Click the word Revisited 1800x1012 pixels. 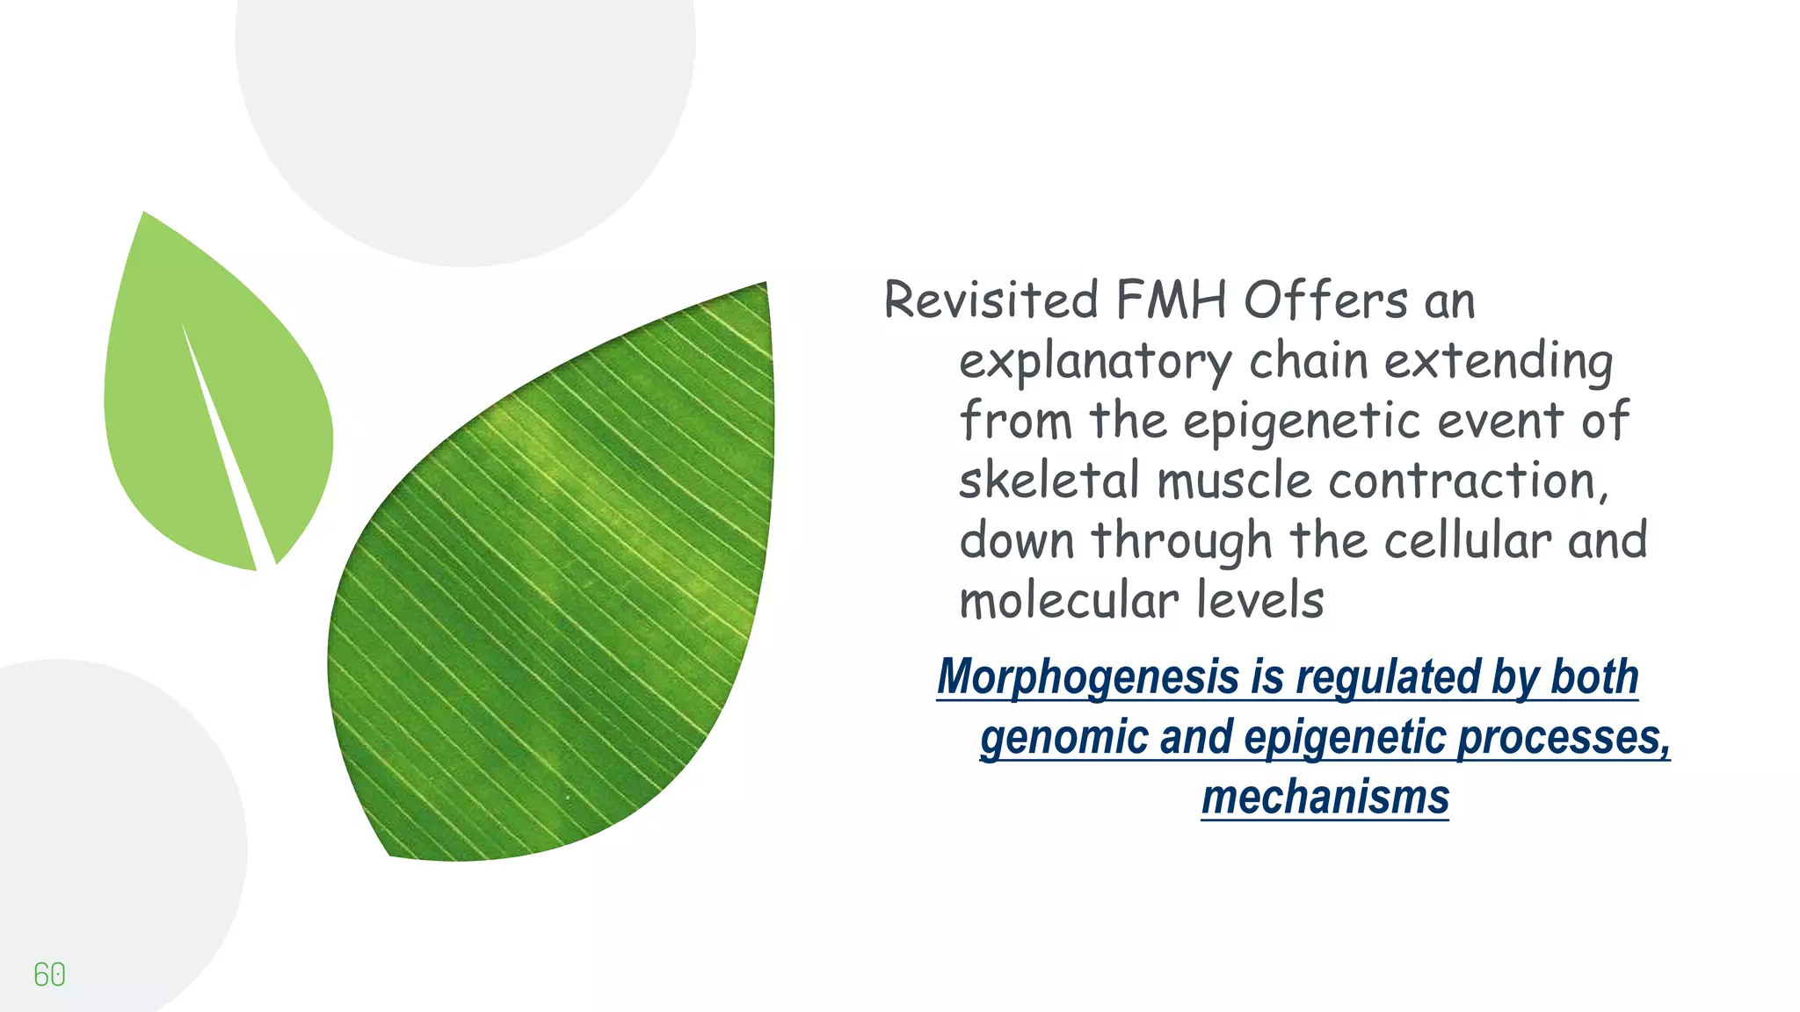tap(991, 300)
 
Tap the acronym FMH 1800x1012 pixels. tap(1171, 300)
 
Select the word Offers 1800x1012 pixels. tap(1325, 300)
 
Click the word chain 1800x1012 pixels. tap(1309, 360)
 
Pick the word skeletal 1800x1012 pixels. tap(1049, 481)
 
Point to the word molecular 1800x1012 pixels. tap(1069, 601)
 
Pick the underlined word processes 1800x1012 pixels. tap(1564, 737)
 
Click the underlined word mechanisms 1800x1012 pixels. tap(1325, 797)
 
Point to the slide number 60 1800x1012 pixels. tap(49, 974)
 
